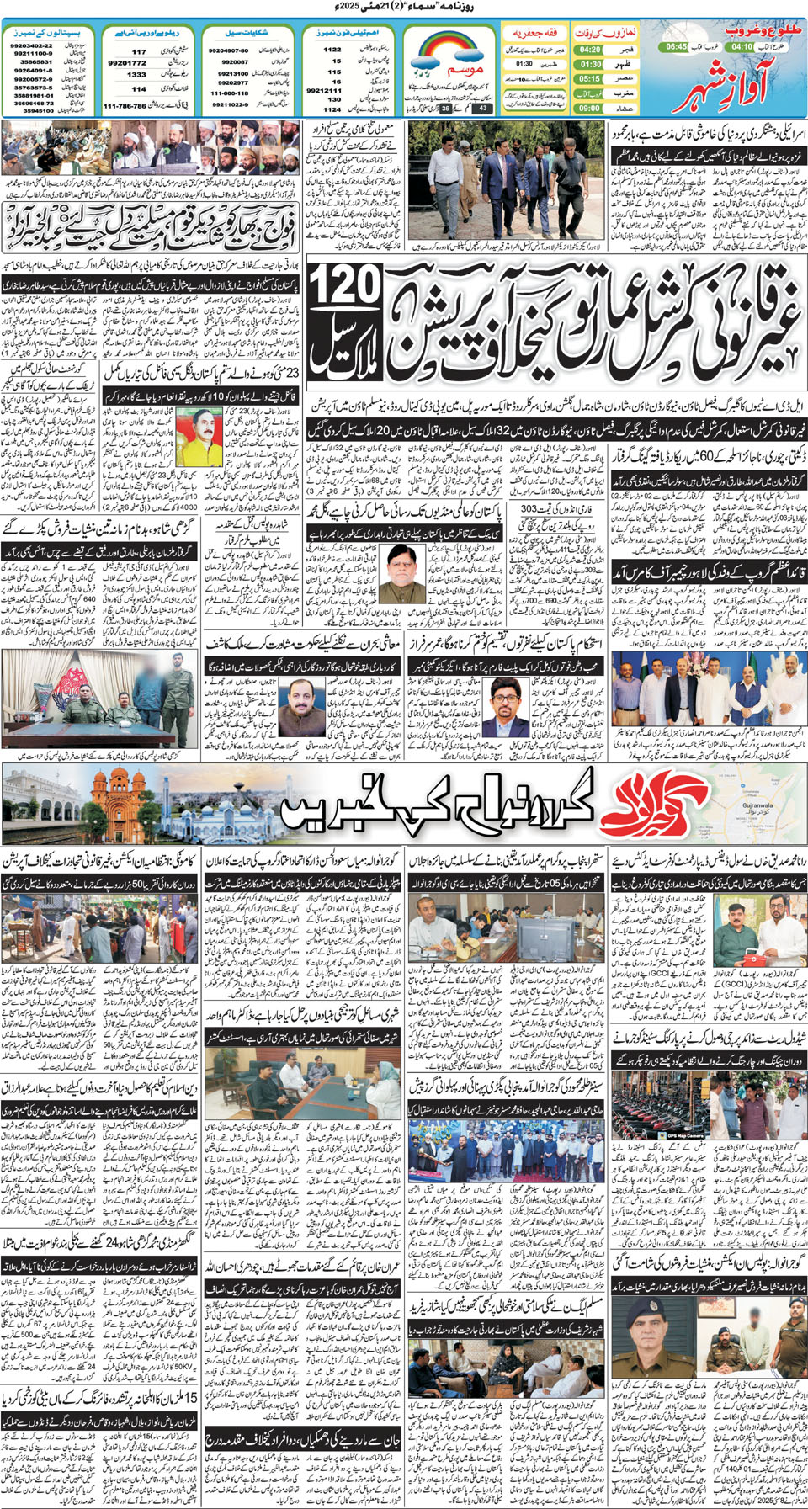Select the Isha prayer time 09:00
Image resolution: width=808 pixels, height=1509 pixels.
[x=589, y=108]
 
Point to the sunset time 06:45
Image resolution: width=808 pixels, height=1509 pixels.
[x=677, y=47]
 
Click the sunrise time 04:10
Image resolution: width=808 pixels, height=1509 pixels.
[x=742, y=47]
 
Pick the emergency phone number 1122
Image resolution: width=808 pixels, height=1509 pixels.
[x=332, y=50]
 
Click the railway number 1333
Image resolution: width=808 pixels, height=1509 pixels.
[x=136, y=75]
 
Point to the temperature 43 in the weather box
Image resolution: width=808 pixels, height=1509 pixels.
[x=482, y=109]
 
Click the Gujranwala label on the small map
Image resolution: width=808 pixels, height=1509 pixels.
[x=757, y=805]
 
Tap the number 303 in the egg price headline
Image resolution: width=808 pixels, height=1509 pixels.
[x=528, y=509]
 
